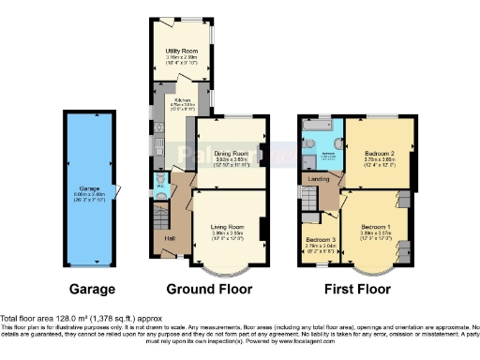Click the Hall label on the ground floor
tap(169, 238)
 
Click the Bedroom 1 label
tap(375, 227)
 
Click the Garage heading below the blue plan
tap(92, 289)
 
